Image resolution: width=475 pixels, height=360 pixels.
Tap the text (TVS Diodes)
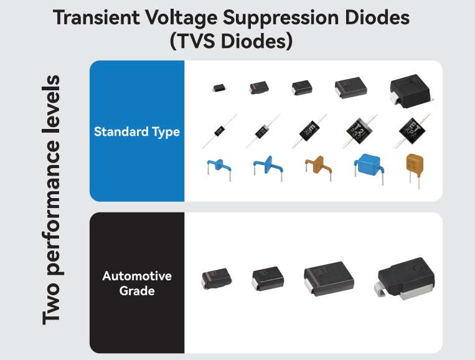(232, 42)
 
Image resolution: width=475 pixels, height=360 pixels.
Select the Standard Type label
(137, 131)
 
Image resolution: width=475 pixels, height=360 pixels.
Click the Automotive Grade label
(137, 283)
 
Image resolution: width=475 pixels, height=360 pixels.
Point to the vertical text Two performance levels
(53, 199)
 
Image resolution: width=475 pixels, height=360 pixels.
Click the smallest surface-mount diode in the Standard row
(219, 88)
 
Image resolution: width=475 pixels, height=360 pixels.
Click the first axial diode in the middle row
(219, 130)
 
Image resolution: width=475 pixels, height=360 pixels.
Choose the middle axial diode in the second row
(310, 130)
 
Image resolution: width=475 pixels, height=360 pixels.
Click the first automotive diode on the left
(215, 278)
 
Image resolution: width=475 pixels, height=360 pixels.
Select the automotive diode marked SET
(328, 277)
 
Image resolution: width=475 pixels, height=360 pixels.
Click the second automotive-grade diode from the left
(268, 278)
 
